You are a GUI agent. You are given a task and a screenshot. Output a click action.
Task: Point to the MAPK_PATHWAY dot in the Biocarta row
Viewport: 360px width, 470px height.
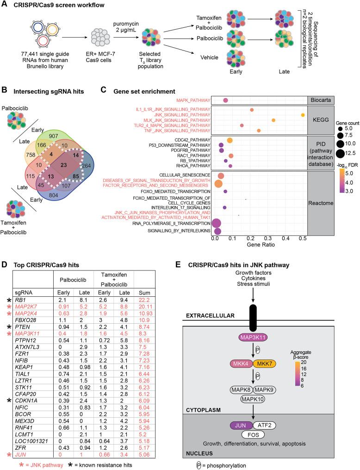click(x=225, y=100)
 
